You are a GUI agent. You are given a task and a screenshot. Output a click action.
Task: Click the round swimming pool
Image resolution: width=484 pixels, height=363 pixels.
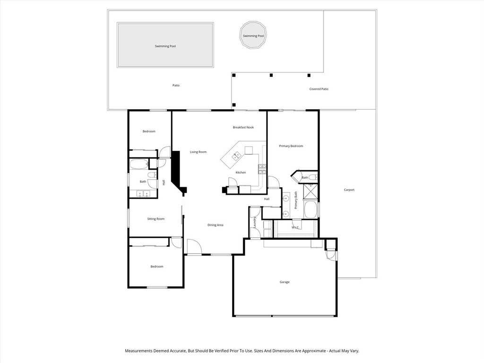[x=253, y=35]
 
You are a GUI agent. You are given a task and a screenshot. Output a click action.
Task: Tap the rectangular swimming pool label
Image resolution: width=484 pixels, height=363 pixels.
[x=165, y=46]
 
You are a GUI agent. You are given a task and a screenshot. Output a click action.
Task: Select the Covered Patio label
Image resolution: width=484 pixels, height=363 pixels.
[x=319, y=89]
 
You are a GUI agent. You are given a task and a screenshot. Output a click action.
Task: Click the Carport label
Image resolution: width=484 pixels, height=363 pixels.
[x=349, y=190]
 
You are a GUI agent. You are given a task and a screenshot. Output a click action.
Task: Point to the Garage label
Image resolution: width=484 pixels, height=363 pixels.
[x=285, y=282]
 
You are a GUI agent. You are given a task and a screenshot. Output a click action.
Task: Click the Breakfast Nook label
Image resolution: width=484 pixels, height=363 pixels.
[x=243, y=127]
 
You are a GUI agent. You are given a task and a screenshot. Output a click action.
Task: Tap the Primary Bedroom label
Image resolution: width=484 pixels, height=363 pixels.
[x=291, y=146]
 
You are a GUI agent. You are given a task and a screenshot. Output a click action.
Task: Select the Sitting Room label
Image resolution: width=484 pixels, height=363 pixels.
[x=156, y=219]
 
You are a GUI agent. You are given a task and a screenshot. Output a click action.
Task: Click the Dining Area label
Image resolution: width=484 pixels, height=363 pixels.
[x=216, y=225]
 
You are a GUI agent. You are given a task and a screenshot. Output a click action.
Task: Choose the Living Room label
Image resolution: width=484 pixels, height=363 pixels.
[x=198, y=152]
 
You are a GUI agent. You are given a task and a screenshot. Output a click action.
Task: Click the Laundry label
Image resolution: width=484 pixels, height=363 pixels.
[x=255, y=223]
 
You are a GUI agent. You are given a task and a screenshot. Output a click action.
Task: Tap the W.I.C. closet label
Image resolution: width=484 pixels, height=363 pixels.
[x=295, y=227]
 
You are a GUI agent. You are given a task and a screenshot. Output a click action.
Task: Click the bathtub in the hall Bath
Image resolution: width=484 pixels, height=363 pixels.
[x=139, y=164]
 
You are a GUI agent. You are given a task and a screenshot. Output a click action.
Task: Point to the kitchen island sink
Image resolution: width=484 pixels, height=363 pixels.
[x=237, y=156]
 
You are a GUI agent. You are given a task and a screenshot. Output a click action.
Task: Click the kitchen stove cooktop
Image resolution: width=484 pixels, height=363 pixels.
[x=262, y=169]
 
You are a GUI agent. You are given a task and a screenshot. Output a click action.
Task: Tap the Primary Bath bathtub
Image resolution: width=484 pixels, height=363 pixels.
[x=311, y=210]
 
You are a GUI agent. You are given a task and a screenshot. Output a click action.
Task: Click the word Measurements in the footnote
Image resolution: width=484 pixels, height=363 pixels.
[x=138, y=351]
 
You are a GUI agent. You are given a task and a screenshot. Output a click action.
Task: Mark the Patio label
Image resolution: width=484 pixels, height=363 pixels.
[x=176, y=86]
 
